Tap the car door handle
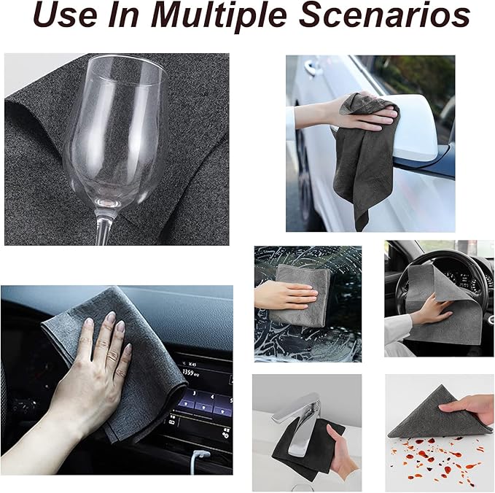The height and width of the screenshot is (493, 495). pos(313,66)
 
